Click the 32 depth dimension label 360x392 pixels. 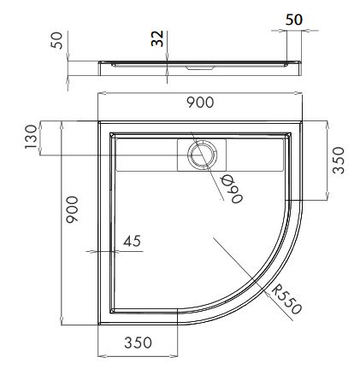pyautogui.click(x=157, y=38)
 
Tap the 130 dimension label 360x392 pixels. pyautogui.click(x=31, y=137)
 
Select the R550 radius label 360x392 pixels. pyautogui.click(x=286, y=300)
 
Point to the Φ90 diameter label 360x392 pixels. pyautogui.click(x=232, y=189)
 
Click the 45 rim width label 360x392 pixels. pyautogui.click(x=132, y=241)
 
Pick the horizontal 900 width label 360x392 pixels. pyautogui.click(x=200, y=102)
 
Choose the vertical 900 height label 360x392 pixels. pyautogui.click(x=72, y=209)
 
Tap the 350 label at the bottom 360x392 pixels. pyautogui.click(x=139, y=342)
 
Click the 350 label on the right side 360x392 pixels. pyautogui.click(x=339, y=161)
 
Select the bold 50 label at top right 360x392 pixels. pyautogui.click(x=294, y=20)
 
